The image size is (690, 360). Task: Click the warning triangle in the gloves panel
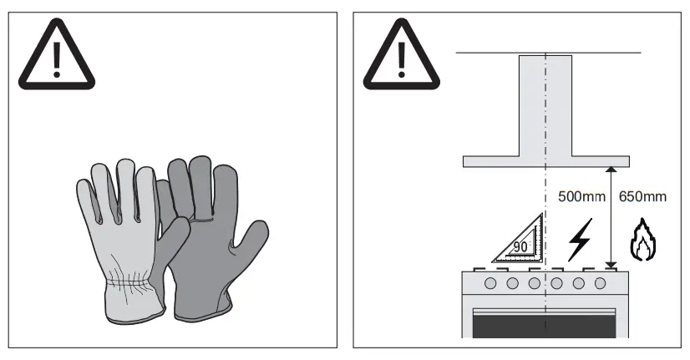pos(57,56)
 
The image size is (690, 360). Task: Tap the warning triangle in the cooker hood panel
pos(401,56)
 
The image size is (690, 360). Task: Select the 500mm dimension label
pos(581,197)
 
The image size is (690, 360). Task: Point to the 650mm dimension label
pos(643,197)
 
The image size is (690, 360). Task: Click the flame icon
pos(642,240)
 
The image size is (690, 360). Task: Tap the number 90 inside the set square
pos(520,247)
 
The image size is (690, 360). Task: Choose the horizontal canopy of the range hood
pos(545,160)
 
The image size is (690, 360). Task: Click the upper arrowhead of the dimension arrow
pos(611,169)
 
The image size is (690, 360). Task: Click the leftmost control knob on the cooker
pos(490,283)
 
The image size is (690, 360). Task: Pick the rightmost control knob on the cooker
pos(600,283)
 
